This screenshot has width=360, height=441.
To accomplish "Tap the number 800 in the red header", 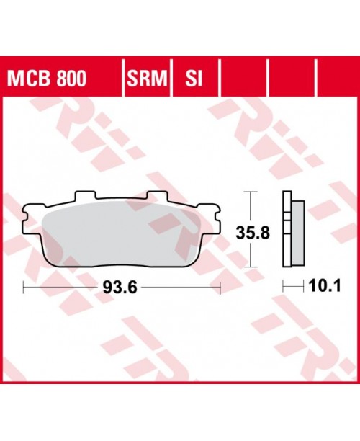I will click(69, 76).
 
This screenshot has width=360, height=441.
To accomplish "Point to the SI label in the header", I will click(192, 76).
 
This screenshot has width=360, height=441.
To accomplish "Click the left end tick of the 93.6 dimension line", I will click(24, 288).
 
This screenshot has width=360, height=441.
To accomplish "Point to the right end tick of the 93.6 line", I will click(219, 288).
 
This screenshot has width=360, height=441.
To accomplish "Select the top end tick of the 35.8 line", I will click(250, 192).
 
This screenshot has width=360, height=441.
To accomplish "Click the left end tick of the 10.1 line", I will click(282, 288).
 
